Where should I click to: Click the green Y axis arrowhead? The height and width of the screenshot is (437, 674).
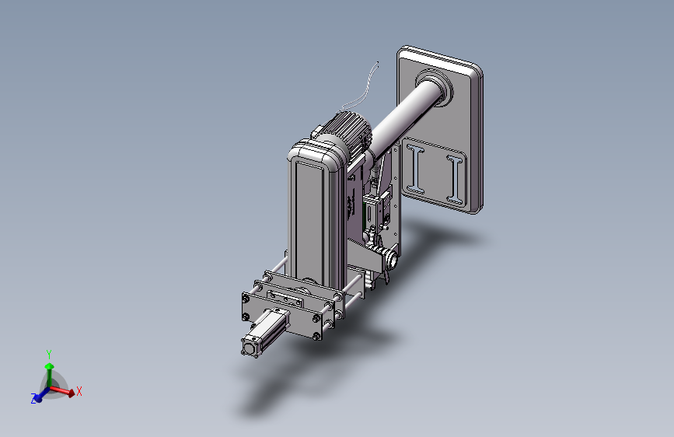(x=50, y=366)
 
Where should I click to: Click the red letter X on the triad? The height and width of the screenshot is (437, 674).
(x=79, y=391)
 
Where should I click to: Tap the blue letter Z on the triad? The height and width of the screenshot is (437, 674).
(x=33, y=399)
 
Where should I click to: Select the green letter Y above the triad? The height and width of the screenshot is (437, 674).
(x=49, y=354)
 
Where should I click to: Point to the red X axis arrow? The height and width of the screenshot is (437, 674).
(x=62, y=390)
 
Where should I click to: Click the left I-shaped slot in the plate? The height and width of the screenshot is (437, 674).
(x=416, y=169)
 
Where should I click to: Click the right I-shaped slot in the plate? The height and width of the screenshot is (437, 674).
(x=456, y=180)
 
